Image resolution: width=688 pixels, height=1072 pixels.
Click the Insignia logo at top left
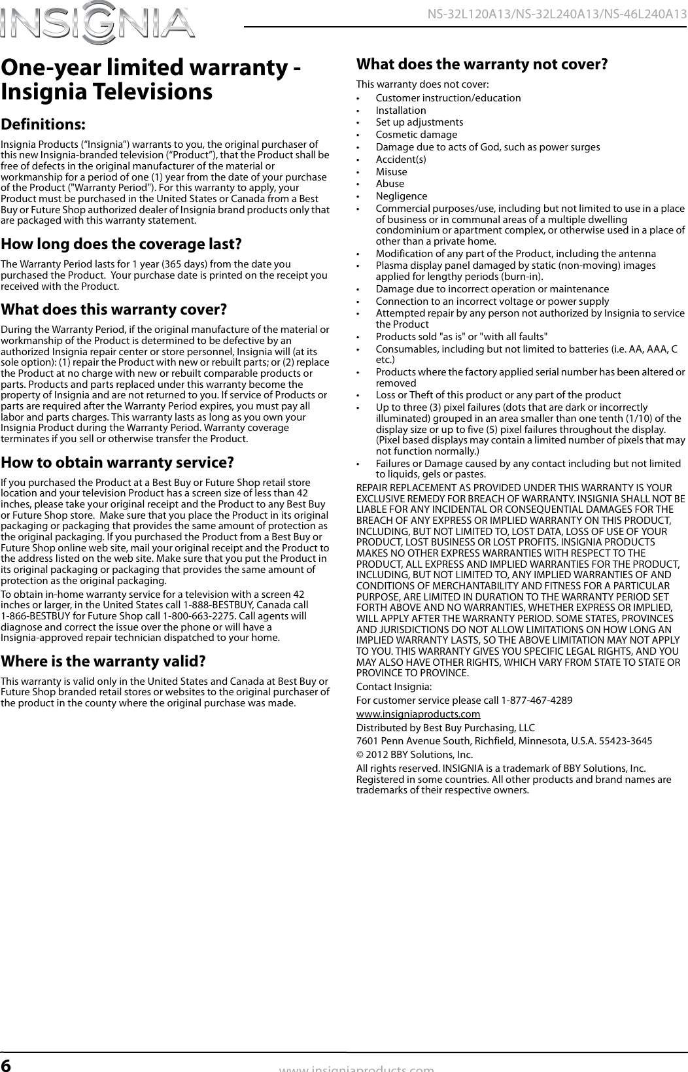coord(98,24)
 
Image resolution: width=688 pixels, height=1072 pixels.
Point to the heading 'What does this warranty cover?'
coord(114,308)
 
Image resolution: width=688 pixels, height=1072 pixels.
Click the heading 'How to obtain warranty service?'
coord(118,462)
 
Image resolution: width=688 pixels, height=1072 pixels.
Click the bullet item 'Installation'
coord(400,110)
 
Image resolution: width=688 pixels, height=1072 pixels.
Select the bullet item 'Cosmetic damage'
coord(416,135)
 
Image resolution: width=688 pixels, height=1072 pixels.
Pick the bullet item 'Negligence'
coord(401,196)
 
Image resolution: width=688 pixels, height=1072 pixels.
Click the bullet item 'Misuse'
coord(391,171)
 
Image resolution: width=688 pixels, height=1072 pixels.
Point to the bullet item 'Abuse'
coord(390,184)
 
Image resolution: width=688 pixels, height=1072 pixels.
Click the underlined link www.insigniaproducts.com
coord(418,714)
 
